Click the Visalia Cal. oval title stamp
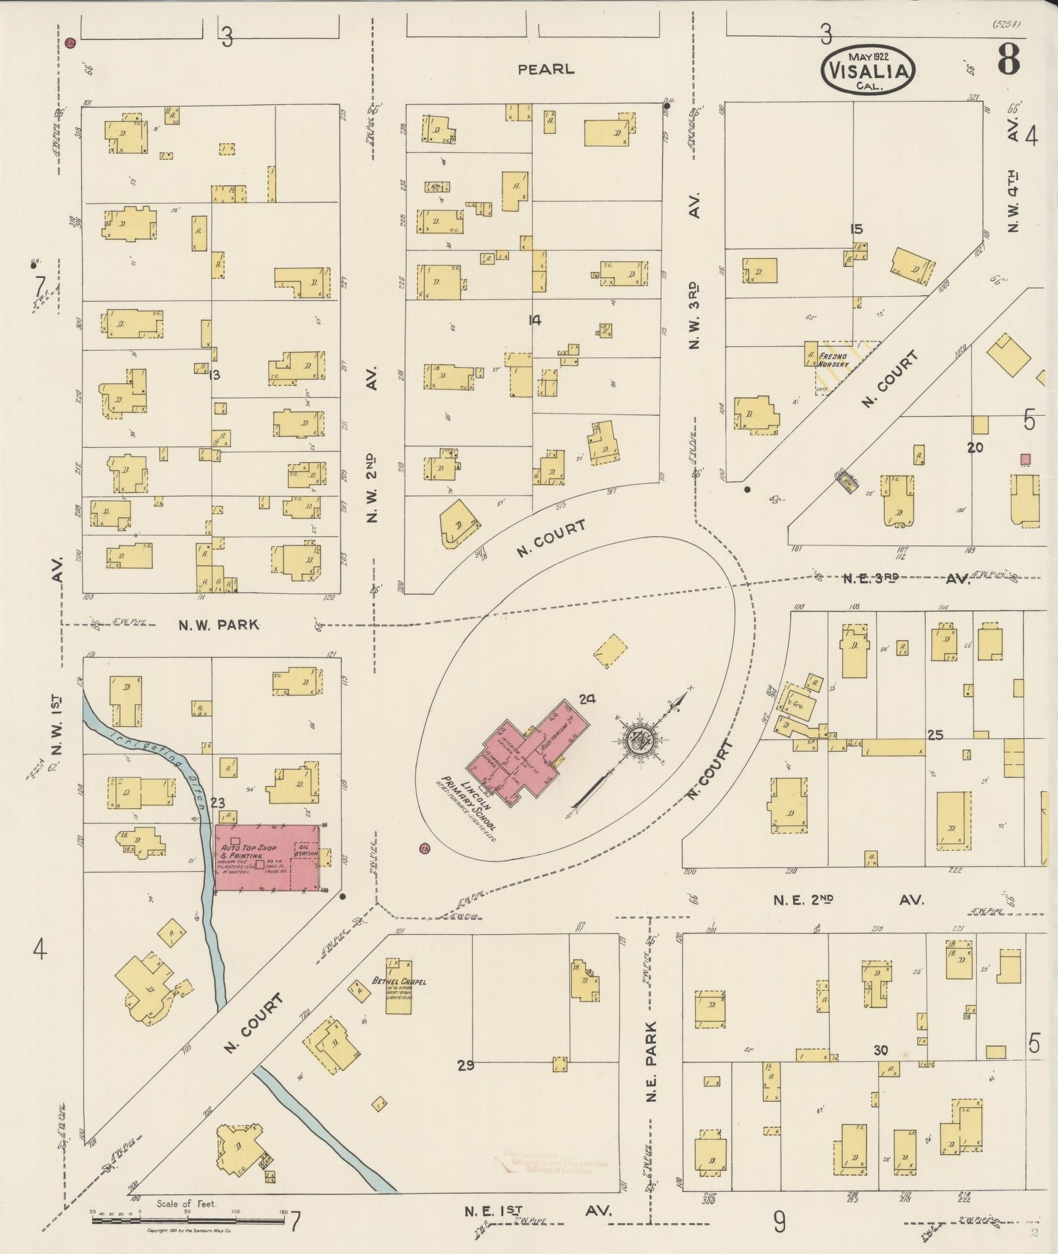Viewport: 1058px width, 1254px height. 867,69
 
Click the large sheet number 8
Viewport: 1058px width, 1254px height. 1009,59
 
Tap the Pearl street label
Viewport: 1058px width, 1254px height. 546,69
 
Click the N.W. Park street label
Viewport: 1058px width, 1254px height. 219,625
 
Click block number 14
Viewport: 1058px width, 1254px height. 535,321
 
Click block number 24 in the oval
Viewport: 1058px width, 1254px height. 586,699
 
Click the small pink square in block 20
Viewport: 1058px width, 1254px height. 1025,459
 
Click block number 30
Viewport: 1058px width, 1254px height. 880,1050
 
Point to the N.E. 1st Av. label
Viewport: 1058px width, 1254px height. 538,1211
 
